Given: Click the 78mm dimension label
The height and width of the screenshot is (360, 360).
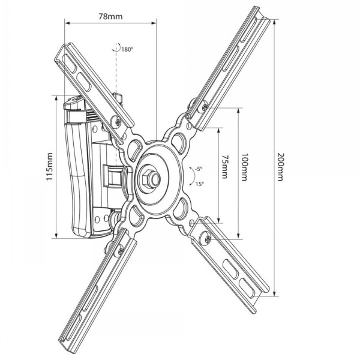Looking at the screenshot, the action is point(110,17).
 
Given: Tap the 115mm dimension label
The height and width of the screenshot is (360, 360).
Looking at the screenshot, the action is point(50,166).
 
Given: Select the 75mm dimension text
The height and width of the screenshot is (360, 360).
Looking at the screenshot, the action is point(224,167).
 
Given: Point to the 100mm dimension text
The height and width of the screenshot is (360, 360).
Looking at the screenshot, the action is point(244,167).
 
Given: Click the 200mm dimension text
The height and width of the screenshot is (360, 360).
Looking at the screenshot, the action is point(280,167).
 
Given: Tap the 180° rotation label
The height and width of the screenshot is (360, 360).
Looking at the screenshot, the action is point(127,49).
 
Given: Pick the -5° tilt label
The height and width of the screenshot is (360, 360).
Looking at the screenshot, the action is point(199,169).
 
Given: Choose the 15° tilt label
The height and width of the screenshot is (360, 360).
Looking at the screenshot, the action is point(200,184).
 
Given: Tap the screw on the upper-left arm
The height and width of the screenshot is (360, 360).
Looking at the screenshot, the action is point(118,122).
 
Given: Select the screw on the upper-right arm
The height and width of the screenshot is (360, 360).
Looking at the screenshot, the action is point(205,106).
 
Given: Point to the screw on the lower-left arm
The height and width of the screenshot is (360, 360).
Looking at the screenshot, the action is point(121,252).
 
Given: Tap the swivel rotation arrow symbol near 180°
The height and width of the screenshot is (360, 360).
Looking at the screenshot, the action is point(117,47).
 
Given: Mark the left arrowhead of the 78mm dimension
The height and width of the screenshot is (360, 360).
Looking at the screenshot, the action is point(67,23).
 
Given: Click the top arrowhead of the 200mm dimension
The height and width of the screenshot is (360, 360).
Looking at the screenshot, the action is point(274,22).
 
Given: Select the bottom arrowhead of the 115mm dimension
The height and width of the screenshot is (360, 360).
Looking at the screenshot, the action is point(56,236).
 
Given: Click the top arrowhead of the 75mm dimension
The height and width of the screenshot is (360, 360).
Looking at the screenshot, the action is point(219,130).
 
